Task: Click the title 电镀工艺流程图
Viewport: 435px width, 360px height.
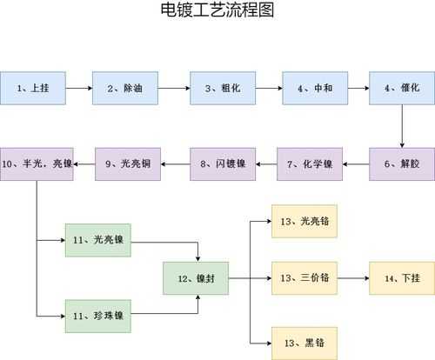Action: click(217, 10)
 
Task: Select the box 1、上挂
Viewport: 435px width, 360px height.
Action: click(33, 88)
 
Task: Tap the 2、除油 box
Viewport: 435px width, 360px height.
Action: click(125, 88)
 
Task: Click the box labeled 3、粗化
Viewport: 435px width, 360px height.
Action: click(223, 88)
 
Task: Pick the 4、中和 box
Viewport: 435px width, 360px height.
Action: click(315, 88)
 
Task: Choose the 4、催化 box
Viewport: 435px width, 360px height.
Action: click(402, 88)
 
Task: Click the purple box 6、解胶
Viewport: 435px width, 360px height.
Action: click(402, 164)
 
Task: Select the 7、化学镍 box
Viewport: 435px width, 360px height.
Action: click(310, 164)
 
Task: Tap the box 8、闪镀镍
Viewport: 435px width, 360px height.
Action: click(223, 164)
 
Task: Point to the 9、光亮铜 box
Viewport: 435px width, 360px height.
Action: click(128, 164)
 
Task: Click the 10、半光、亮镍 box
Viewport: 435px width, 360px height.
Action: click(37, 164)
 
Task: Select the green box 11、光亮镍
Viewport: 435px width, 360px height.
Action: click(98, 240)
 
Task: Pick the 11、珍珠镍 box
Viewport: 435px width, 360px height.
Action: click(98, 317)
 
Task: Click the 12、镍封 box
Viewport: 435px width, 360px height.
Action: click(196, 278)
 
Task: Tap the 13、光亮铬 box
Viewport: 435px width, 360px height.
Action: click(304, 222)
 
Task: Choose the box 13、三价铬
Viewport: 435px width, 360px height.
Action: click(304, 278)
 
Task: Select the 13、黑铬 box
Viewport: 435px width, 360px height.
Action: click(304, 343)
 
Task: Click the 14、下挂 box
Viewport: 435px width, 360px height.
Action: click(402, 278)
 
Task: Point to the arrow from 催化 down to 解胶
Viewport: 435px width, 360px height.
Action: click(402, 126)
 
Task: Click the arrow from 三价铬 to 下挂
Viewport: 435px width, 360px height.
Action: click(353, 278)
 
